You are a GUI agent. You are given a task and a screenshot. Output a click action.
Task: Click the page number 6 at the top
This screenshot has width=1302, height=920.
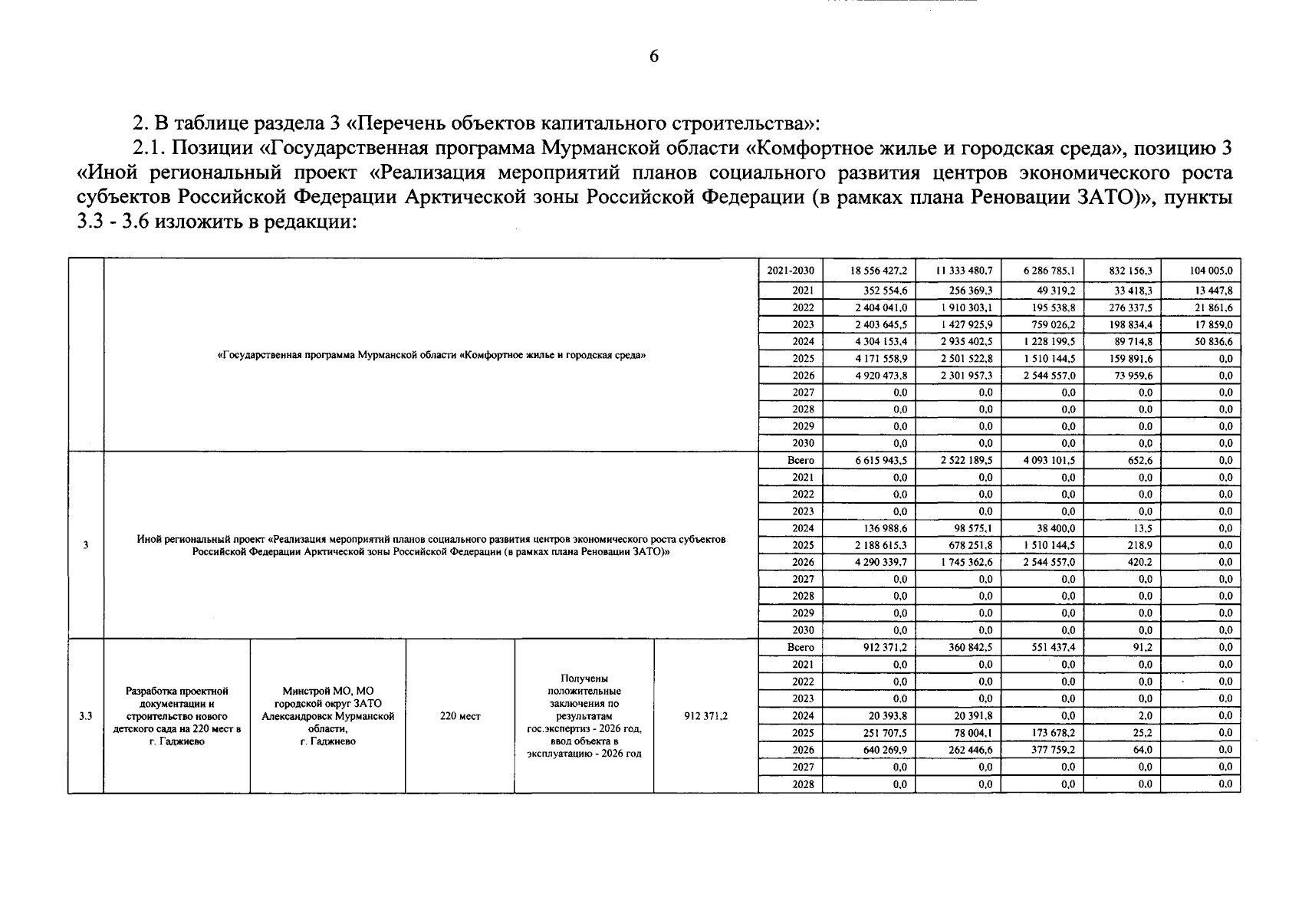click(653, 57)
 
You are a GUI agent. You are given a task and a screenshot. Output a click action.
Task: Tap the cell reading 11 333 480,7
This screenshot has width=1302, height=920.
click(964, 271)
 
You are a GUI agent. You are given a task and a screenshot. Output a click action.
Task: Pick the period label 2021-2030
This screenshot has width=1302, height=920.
click(791, 271)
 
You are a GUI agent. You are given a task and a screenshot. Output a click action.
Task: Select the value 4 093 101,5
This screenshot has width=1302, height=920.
click(1049, 461)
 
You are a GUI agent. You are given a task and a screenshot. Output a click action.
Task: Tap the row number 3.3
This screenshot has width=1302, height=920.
click(85, 716)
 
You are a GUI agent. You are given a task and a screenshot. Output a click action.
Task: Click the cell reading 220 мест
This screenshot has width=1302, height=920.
click(460, 716)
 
